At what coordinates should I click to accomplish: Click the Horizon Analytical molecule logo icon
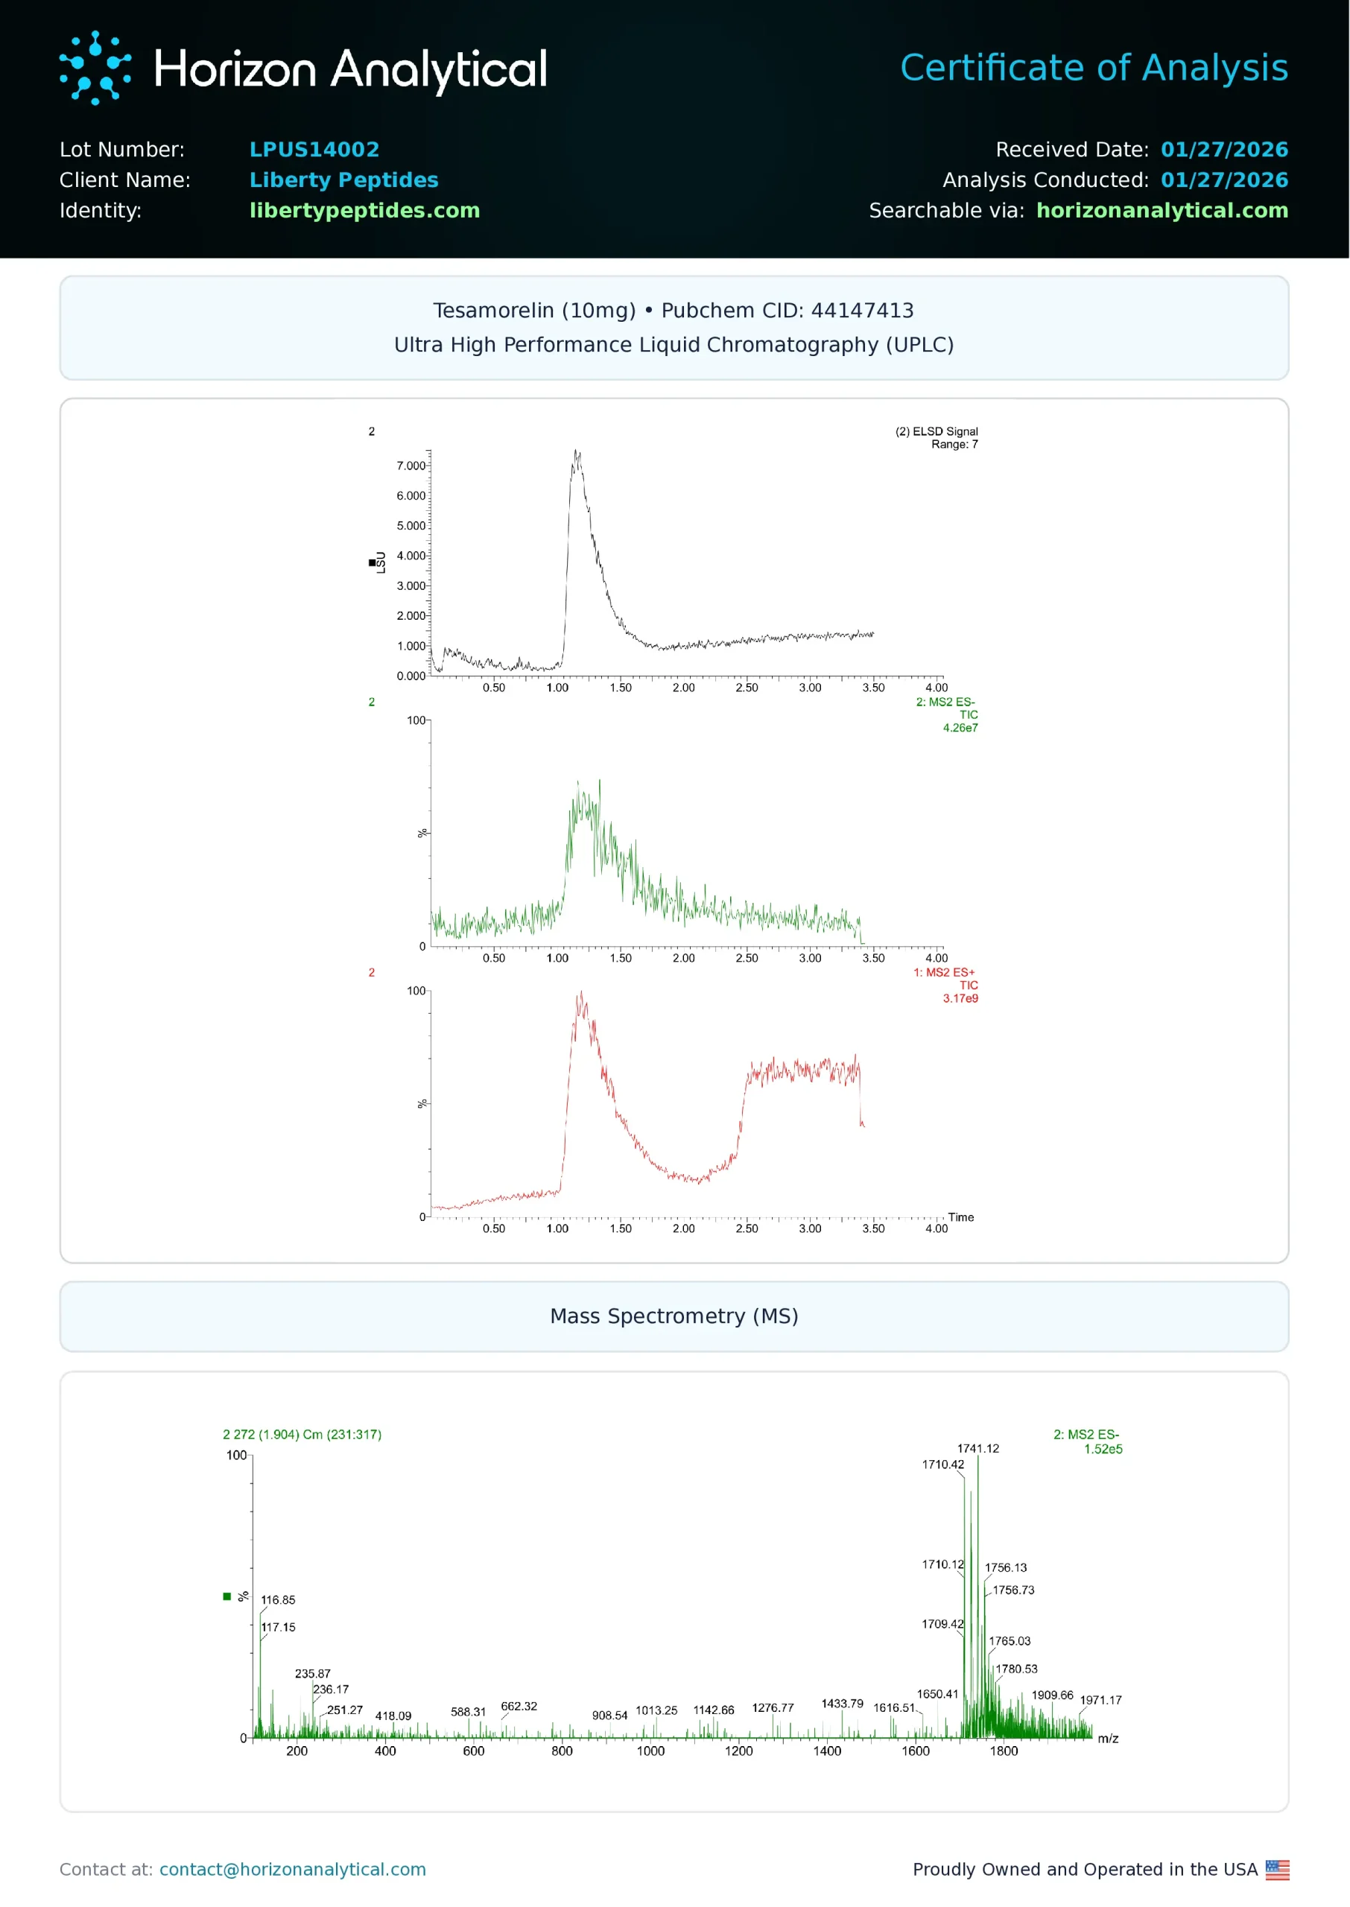[95, 68]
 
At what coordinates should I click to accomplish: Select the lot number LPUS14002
[314, 150]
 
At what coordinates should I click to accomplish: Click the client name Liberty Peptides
[343, 180]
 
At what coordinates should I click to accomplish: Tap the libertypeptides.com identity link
[364, 210]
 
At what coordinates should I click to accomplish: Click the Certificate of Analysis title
[1093, 68]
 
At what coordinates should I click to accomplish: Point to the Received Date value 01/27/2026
[1223, 150]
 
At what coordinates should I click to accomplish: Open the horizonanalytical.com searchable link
[1162, 210]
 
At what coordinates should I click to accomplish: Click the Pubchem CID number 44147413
[862, 311]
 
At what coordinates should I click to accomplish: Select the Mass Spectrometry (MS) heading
[674, 1316]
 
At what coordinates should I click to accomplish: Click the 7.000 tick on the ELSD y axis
[411, 466]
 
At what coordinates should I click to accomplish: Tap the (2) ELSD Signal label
[936, 431]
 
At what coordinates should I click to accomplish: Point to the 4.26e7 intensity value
[960, 728]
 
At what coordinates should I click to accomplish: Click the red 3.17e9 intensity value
[960, 998]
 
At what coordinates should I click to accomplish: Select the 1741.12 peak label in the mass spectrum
[977, 1448]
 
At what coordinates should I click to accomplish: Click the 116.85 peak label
[278, 1599]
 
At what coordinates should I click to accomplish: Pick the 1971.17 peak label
[1100, 1700]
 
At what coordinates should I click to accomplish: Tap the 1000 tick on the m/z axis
[650, 1751]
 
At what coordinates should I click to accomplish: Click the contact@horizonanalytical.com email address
[293, 1870]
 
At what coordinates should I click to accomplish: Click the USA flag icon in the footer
[1277, 1870]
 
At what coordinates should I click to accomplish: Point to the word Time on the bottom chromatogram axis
[960, 1217]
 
